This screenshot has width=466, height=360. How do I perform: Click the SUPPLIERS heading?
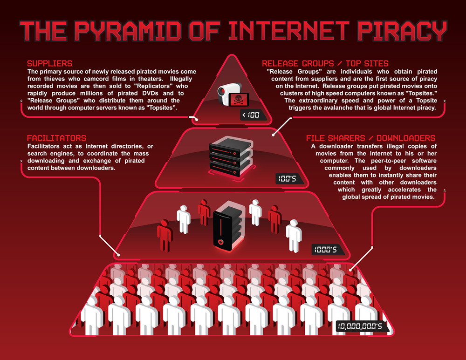pyautogui.click(x=50, y=63)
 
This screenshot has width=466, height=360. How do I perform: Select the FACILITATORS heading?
pyautogui.click(x=56, y=138)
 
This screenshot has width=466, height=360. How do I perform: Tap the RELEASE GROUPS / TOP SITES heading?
pyautogui.click(x=325, y=63)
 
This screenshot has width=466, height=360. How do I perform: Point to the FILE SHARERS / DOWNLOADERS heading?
pyautogui.click(x=370, y=138)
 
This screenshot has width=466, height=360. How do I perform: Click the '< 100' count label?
pyautogui.click(x=251, y=115)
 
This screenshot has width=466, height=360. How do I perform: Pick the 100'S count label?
pyautogui.click(x=288, y=178)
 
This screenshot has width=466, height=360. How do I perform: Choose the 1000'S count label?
pyautogui.click(x=326, y=250)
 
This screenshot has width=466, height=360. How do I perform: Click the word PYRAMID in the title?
pyautogui.click(x=128, y=31)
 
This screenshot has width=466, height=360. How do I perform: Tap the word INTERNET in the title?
pyautogui.click(x=288, y=31)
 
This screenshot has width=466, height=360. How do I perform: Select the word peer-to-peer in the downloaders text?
pyautogui.click(x=389, y=161)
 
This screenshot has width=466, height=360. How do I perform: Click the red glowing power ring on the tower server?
pyautogui.click(x=220, y=242)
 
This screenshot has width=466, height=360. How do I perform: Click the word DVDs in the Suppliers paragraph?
pyautogui.click(x=150, y=93)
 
